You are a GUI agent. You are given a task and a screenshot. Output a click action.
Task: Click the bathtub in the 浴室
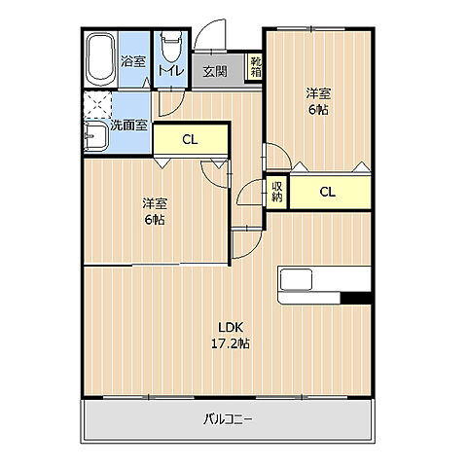[99, 59]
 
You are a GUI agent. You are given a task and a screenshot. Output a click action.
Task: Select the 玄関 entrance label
[215, 70]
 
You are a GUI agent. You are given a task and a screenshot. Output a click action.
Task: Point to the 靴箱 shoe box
[255, 67]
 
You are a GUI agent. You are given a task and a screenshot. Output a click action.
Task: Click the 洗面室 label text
[128, 125]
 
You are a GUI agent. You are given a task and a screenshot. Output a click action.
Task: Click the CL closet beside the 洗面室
[190, 139]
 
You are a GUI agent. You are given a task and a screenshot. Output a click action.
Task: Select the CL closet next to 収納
[328, 192]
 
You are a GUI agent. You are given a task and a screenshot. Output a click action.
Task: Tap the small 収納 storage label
[277, 191]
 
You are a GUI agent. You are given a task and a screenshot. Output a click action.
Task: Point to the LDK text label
[229, 327]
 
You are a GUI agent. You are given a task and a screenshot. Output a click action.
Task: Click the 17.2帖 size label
[231, 343]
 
